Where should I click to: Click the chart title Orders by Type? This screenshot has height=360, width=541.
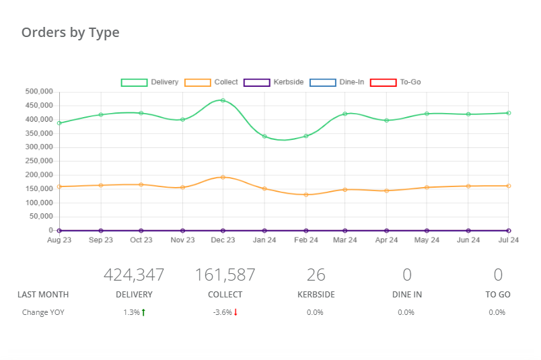click(70, 32)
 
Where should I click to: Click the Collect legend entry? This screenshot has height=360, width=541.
click(211, 82)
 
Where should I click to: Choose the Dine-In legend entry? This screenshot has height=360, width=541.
click(336, 82)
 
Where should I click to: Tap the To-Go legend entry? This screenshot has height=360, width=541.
click(396, 82)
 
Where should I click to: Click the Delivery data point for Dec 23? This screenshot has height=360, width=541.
click(223, 100)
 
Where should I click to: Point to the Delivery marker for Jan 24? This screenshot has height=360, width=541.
click(264, 137)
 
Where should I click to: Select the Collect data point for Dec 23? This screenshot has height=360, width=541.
click(223, 177)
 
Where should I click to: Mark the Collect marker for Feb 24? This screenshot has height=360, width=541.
click(306, 194)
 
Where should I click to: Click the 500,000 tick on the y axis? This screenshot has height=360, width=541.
click(38, 92)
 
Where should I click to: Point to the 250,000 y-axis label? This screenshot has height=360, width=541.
click(38, 161)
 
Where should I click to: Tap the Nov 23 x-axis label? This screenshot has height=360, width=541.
click(182, 240)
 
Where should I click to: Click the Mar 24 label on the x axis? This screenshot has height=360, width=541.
click(345, 240)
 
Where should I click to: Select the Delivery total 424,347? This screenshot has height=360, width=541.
click(134, 275)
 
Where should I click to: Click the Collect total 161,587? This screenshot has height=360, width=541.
click(225, 275)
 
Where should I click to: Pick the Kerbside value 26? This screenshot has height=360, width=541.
click(316, 275)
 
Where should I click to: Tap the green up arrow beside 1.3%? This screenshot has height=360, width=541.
click(144, 312)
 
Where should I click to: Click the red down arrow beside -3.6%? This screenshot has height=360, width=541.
click(236, 312)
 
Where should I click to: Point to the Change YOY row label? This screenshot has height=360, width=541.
click(43, 312)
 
